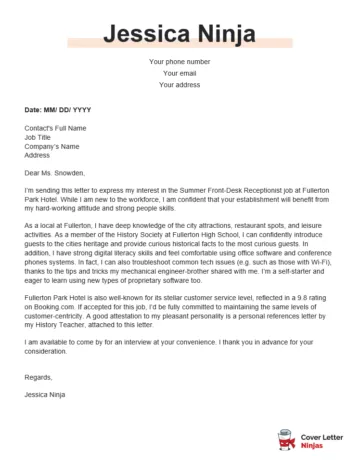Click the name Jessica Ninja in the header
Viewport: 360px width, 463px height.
(179, 31)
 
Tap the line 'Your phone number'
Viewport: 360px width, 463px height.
(179, 62)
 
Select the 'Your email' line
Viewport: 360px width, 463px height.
(179, 73)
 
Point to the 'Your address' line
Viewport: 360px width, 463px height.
(179, 85)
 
